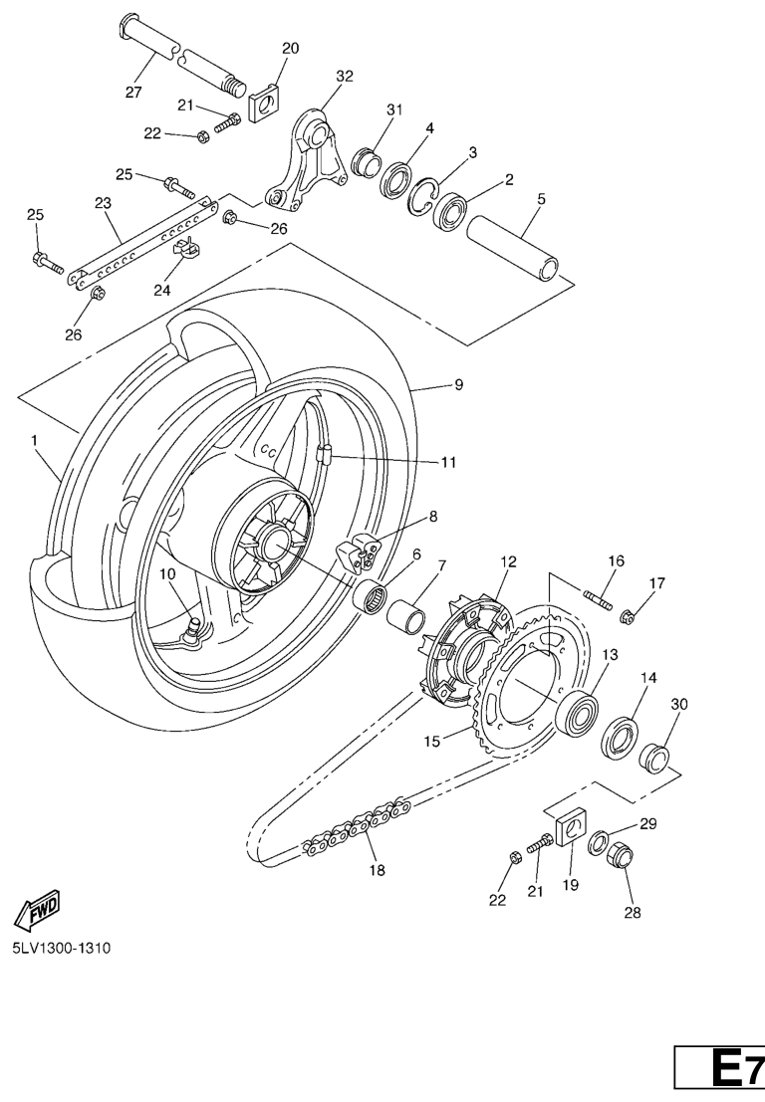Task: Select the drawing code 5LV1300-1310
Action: click(61, 947)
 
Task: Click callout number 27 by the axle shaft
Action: click(132, 94)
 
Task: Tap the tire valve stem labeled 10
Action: click(195, 628)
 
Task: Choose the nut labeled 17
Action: click(627, 617)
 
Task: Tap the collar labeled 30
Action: click(653, 758)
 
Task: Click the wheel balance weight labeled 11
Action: click(322, 455)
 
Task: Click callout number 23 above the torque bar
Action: click(103, 203)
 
